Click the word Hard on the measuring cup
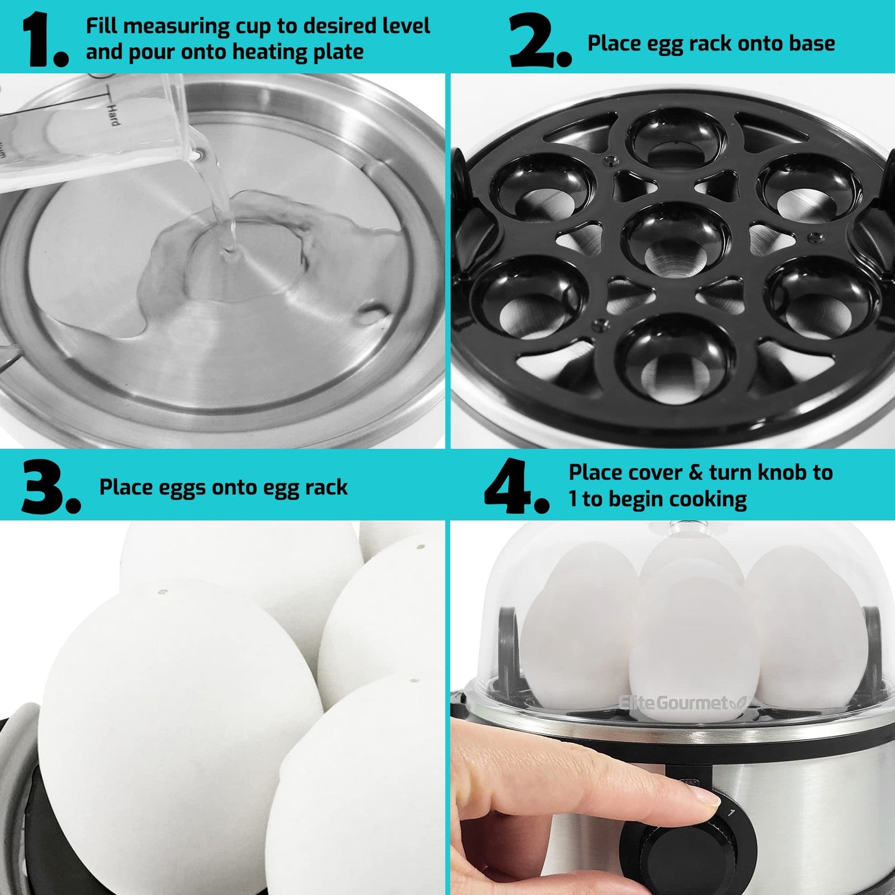click(114, 115)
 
